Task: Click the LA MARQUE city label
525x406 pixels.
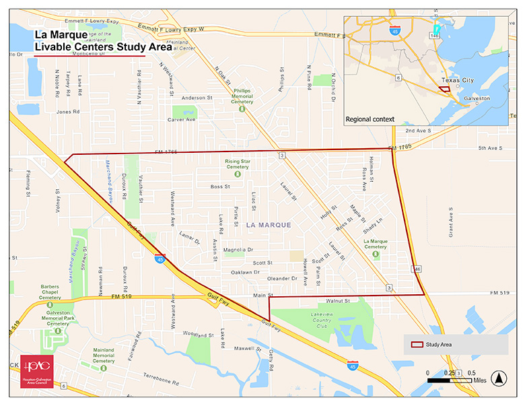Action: coord(269,224)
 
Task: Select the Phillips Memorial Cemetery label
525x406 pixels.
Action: coord(242,96)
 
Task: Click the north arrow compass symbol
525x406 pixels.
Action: coord(498,377)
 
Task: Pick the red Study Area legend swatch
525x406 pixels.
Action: coord(417,345)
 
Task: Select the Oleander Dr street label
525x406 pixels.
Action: coord(282,278)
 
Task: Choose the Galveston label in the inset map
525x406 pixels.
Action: coord(477,98)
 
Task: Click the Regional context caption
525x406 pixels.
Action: coord(370,119)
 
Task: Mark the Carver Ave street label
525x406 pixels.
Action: coord(181,120)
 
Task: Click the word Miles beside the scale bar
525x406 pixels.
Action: coord(480,380)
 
